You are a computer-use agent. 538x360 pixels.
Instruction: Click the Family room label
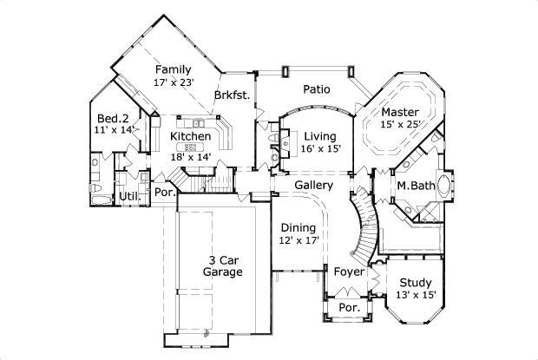point(173,69)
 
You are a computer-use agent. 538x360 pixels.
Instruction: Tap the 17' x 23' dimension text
point(173,82)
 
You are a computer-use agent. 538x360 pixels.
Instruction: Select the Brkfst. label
point(233,96)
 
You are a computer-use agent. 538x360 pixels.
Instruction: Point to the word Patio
point(316,88)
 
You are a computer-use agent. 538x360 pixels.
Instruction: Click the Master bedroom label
point(399,112)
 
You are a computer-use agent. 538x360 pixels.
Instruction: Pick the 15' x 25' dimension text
point(399,125)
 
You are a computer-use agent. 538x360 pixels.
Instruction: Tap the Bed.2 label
point(113,118)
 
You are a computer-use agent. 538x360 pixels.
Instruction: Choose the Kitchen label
point(190,136)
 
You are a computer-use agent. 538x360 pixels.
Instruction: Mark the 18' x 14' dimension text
point(191,157)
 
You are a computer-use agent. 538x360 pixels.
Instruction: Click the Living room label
point(320,135)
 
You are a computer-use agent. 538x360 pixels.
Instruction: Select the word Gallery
point(313,186)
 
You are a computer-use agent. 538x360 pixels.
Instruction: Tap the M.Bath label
point(415,186)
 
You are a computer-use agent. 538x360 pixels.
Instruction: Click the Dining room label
point(298,227)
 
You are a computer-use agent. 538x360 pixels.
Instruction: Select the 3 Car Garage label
point(222,265)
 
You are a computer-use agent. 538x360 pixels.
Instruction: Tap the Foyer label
point(350,272)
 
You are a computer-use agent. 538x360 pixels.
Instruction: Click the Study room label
point(415,282)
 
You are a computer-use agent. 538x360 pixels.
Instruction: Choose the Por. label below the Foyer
point(349,308)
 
